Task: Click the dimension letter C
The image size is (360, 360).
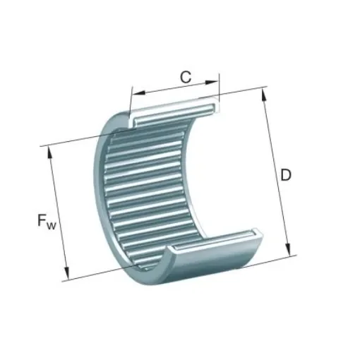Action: (185, 77)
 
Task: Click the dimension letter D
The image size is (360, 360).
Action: (286, 174)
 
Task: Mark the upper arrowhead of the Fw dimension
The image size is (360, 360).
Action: (49, 151)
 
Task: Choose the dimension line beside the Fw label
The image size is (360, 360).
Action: (58, 212)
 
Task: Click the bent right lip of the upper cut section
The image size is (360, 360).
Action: (213, 106)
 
